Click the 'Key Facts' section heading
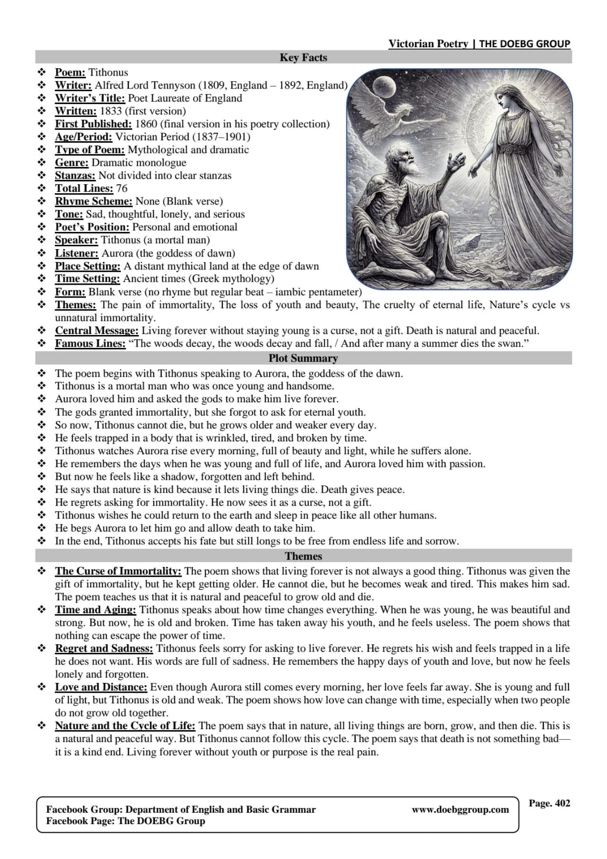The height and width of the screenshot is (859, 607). point(303,57)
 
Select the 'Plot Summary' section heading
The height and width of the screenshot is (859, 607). point(303,358)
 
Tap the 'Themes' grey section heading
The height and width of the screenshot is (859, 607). point(303,556)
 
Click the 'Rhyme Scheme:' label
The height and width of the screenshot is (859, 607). point(93,201)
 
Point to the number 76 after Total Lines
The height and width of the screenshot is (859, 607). point(122,188)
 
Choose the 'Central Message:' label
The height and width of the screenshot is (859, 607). point(97,331)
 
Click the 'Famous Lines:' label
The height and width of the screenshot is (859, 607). point(90,344)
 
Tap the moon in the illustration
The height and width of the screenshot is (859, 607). point(384,85)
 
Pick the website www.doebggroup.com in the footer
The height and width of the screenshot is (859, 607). point(460,810)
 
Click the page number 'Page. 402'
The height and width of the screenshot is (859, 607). point(549,803)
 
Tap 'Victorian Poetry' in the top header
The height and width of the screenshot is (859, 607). point(428,44)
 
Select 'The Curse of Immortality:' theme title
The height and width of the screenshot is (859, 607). point(118,571)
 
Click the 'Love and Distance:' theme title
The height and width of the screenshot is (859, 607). point(101,687)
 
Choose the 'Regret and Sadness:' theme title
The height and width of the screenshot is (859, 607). point(104,649)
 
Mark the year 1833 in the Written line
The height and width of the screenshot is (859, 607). point(111,111)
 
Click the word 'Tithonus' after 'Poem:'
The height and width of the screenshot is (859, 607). point(108,72)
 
